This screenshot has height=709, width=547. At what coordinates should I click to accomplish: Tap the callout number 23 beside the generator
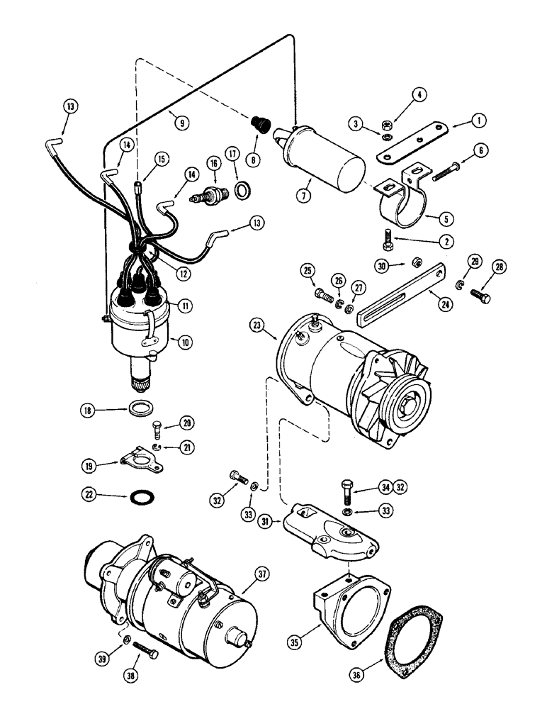click(x=256, y=325)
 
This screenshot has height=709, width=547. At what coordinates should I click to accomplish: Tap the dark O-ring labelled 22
click(x=145, y=496)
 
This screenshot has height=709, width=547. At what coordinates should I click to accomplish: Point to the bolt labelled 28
click(x=480, y=296)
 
